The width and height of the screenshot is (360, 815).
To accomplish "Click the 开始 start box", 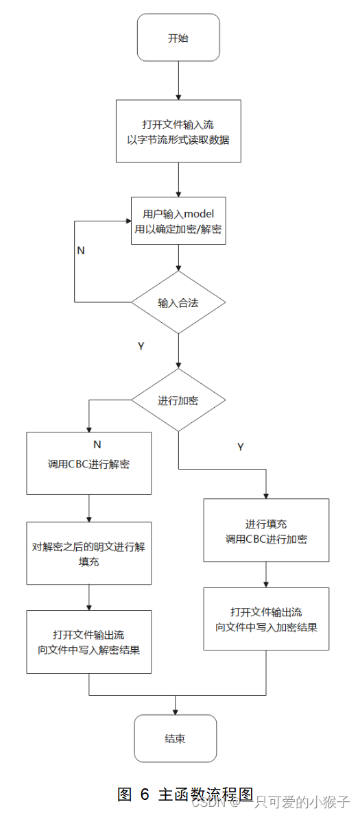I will pyautogui.click(x=178, y=38).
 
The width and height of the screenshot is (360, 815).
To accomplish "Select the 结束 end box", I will pyautogui.click(x=176, y=738).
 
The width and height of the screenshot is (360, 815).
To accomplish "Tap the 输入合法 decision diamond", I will pyautogui.click(x=178, y=302).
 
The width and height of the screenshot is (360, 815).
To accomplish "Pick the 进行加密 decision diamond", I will pyautogui.click(x=178, y=400).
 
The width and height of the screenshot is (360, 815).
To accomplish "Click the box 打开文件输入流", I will pyautogui.click(x=178, y=131).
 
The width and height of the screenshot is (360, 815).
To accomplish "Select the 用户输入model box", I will pyautogui.click(x=178, y=221).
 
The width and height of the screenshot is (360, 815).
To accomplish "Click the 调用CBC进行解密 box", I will pyautogui.click(x=89, y=463).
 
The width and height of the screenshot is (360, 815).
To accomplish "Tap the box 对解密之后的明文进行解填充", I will pyautogui.click(x=89, y=553).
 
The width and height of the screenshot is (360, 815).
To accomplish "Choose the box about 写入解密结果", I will pyautogui.click(x=89, y=642).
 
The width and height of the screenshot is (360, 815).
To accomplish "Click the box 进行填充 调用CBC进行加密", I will pyautogui.click(x=266, y=531).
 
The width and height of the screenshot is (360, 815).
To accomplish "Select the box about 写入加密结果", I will pyautogui.click(x=266, y=619).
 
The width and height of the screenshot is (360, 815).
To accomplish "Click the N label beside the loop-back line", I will pyautogui.click(x=81, y=250).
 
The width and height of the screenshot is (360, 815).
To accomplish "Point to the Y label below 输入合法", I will pyautogui.click(x=141, y=346).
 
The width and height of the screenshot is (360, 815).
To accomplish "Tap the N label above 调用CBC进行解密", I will pyautogui.click(x=97, y=444).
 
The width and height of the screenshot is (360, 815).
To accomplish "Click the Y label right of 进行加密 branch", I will pyautogui.click(x=241, y=447).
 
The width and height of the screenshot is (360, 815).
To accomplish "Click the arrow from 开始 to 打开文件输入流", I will pyautogui.click(x=178, y=80).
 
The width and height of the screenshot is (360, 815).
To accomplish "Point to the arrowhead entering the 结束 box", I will pyautogui.click(x=176, y=711).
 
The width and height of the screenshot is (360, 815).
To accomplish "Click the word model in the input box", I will pyautogui.click(x=205, y=213).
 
